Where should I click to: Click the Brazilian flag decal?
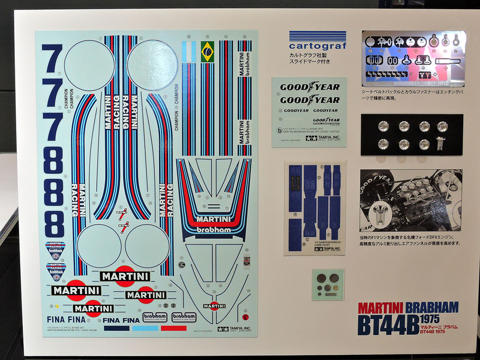click(208, 51)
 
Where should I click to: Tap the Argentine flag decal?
click(190, 51)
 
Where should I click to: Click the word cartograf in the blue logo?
click(317, 46)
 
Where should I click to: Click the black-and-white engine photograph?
click(411, 200)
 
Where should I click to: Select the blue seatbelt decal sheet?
click(315, 207)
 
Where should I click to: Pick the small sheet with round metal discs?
click(328, 284)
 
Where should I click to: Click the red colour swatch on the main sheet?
click(173, 328)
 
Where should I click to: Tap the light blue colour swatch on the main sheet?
click(145, 328)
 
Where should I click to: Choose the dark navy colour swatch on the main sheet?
click(117, 328)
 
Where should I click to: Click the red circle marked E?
click(246, 317)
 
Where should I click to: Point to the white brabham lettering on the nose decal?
click(214, 229)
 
